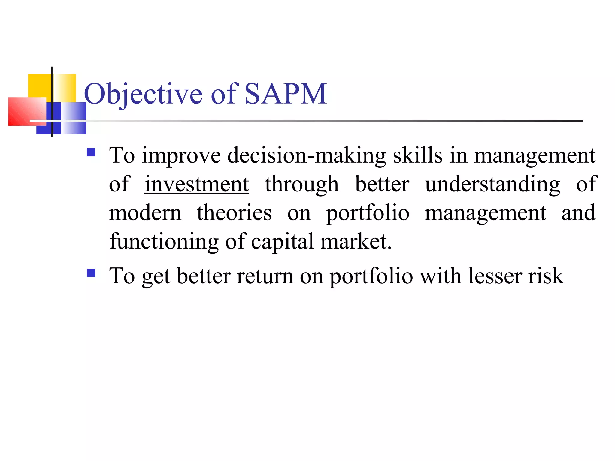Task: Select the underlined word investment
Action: (x=197, y=184)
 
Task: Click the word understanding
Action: (x=492, y=184)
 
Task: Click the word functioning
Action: (x=164, y=242)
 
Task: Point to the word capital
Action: (x=282, y=242)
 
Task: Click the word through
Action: (x=302, y=184)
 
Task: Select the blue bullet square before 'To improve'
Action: (x=91, y=152)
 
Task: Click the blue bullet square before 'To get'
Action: (x=91, y=273)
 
